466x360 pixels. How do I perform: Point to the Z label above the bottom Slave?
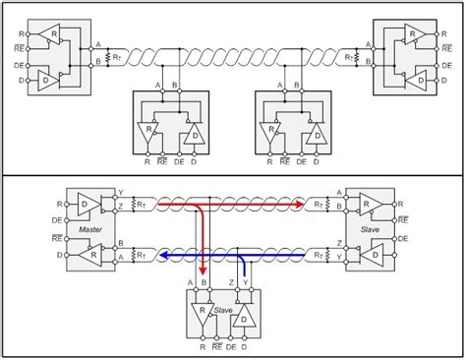pyautogui.click(x=231, y=283)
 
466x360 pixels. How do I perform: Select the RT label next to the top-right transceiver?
pyautogui.click(x=349, y=58)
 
